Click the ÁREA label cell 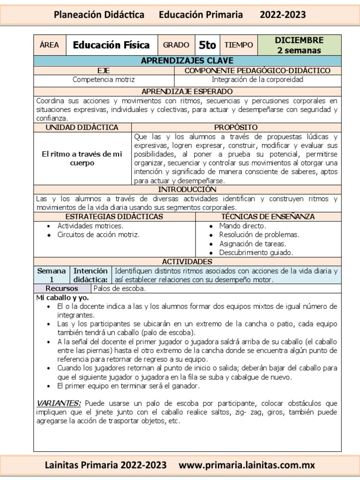[50, 45]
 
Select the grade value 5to [207, 45]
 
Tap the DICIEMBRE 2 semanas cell [299, 45]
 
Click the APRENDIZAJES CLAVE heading [187, 61]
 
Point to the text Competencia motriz [104, 79]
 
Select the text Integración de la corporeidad [257, 79]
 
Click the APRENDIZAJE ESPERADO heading [187, 91]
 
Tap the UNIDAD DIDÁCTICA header [82, 127]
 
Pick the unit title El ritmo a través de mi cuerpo [82, 158]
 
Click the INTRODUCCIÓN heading [187, 189]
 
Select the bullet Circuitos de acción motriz [98, 234]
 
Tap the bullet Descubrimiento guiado [256, 253]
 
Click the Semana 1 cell [52, 275]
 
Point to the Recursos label [62, 289]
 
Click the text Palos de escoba [120, 289]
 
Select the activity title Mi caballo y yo [62, 298]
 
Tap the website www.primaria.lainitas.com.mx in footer [247, 465]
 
